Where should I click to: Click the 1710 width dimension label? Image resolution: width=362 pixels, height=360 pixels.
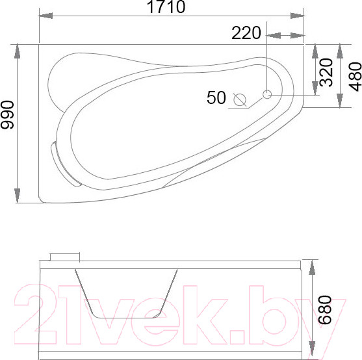pos(166,6)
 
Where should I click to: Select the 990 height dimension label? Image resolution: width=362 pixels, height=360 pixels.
pos(7,114)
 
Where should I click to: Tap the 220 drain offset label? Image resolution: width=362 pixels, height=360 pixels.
pos(246,33)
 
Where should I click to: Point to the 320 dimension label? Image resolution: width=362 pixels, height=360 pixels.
pos(326,73)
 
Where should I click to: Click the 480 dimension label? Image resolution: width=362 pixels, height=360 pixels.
pos(355,77)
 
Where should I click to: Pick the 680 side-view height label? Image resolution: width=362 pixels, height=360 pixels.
pos(324,310)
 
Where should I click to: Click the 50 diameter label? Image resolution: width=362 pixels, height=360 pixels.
pos(216,97)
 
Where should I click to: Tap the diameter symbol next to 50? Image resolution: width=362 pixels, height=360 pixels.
pos(240,99)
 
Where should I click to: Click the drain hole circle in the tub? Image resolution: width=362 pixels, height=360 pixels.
pos(267,94)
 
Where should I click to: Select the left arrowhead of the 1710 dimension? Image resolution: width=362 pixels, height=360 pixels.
pos(45,16)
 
